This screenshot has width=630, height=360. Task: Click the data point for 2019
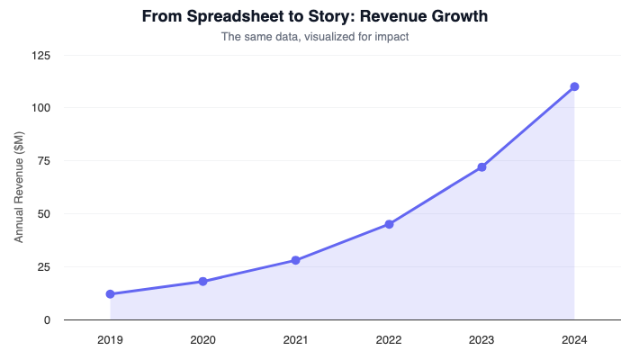(110, 294)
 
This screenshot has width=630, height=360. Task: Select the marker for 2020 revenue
(202, 282)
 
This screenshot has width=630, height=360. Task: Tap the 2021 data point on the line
(295, 260)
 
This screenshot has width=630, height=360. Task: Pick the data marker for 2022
(389, 224)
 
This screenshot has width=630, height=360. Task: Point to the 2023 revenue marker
(481, 167)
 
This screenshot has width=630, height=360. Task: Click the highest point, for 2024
(574, 86)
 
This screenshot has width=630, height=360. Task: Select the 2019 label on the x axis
(110, 339)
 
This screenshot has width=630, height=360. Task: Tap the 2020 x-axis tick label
(202, 339)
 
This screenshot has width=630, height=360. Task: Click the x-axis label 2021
(295, 339)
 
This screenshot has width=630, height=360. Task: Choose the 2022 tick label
(389, 339)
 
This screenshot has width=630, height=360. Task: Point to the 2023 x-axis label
(481, 339)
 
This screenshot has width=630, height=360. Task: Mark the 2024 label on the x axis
(574, 339)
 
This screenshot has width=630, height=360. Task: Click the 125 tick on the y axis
(41, 55)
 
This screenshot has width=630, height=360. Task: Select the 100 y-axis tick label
(41, 108)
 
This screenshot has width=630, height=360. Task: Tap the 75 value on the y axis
(44, 161)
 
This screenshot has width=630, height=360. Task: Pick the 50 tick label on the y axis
(44, 214)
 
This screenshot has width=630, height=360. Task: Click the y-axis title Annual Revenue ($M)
(19, 187)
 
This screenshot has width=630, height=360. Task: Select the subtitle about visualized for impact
(315, 37)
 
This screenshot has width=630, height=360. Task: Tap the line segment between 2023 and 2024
(528, 127)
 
